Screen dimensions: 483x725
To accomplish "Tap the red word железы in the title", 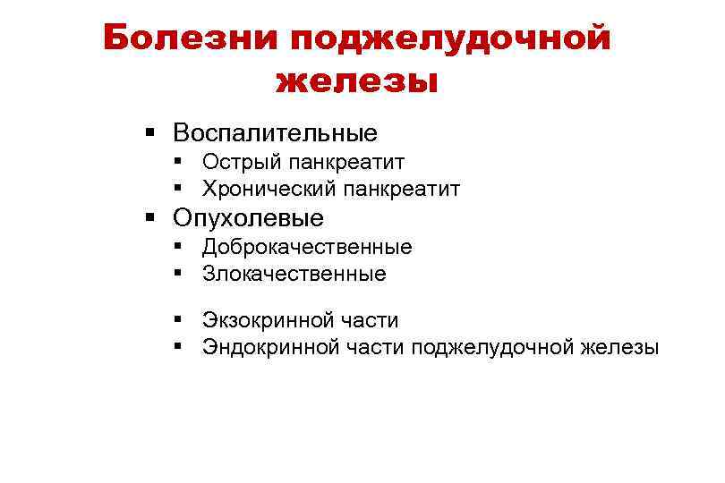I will tap(358, 81).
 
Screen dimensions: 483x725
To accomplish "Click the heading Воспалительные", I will tap(276, 133).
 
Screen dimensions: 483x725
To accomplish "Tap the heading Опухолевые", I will tap(249, 218).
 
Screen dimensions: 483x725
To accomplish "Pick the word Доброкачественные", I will tap(307, 247).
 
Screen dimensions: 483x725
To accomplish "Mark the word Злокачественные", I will tap(294, 274).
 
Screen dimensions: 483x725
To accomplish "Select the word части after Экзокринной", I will tap(371, 320).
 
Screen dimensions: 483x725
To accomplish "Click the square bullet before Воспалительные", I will tap(150, 133).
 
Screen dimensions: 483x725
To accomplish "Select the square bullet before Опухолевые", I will tap(150, 218).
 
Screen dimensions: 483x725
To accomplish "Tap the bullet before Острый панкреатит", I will tap(180, 162).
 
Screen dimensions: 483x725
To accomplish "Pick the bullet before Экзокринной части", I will tap(180, 320).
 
